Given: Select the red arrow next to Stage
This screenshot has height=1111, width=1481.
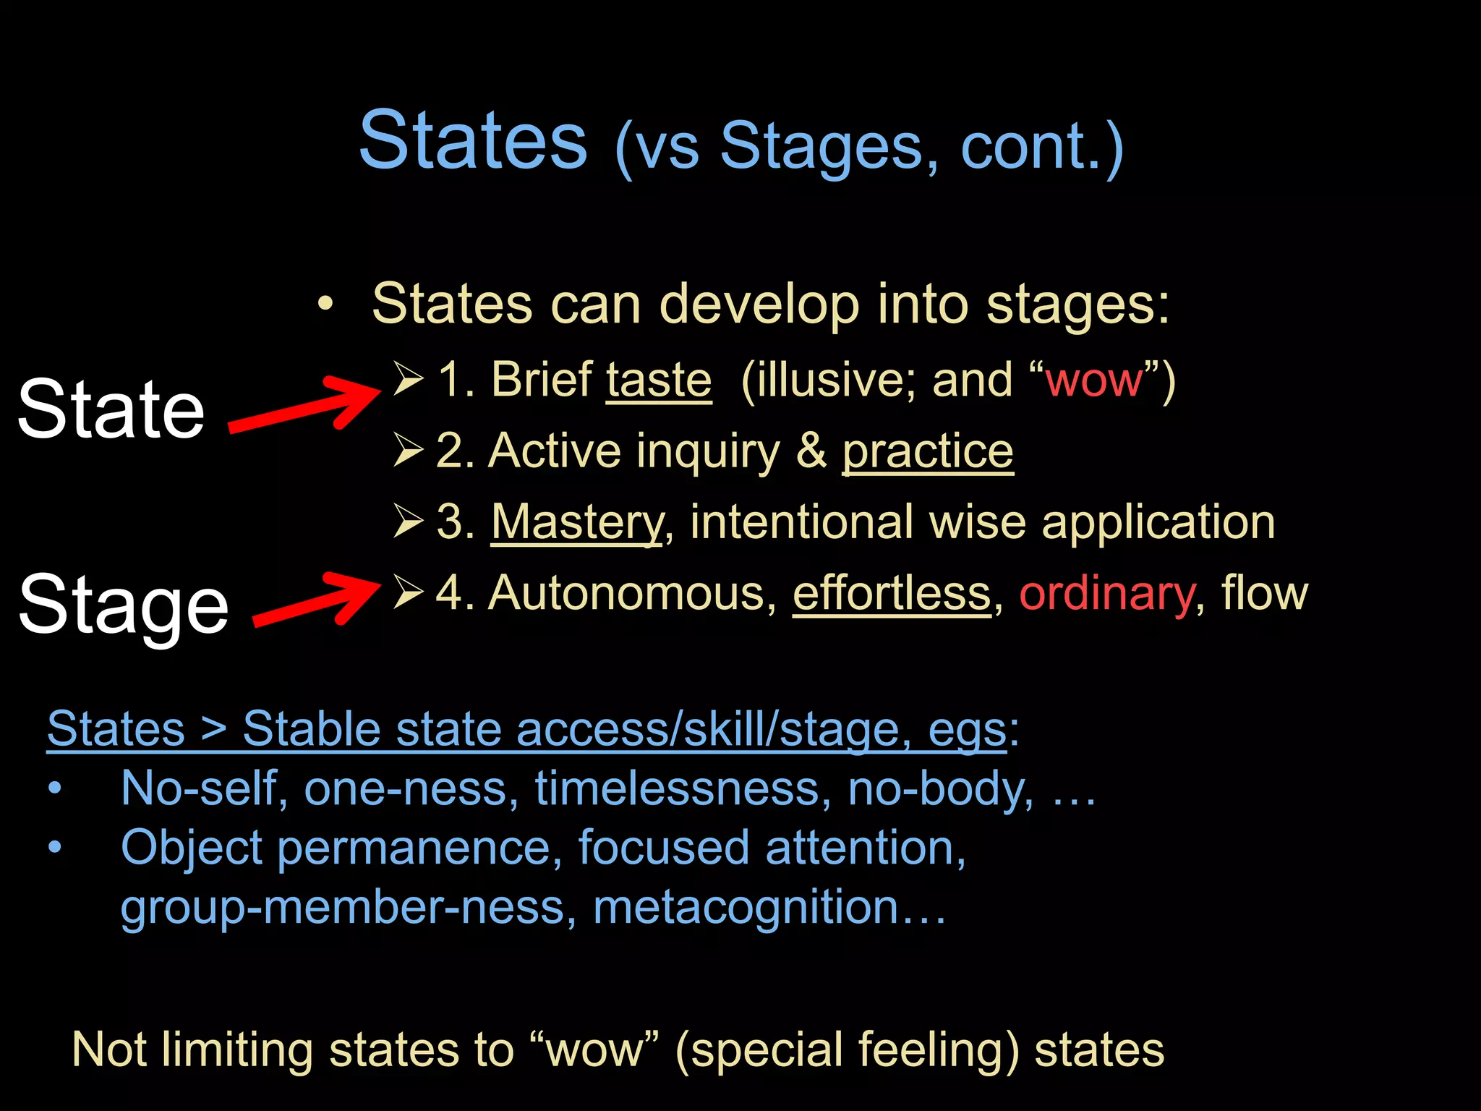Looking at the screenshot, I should [317, 600].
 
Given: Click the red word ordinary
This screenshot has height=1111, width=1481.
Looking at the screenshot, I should [1106, 595].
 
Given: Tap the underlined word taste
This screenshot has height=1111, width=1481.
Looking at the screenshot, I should [658, 380].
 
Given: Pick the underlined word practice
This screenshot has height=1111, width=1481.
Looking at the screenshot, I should [927, 451].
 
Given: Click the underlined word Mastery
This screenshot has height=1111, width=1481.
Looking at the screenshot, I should [576, 522].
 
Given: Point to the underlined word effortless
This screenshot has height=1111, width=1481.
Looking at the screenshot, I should [891, 594].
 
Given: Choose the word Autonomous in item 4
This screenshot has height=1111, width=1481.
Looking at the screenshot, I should [626, 594].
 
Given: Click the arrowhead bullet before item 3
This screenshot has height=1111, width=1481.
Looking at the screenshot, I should [408, 521].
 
